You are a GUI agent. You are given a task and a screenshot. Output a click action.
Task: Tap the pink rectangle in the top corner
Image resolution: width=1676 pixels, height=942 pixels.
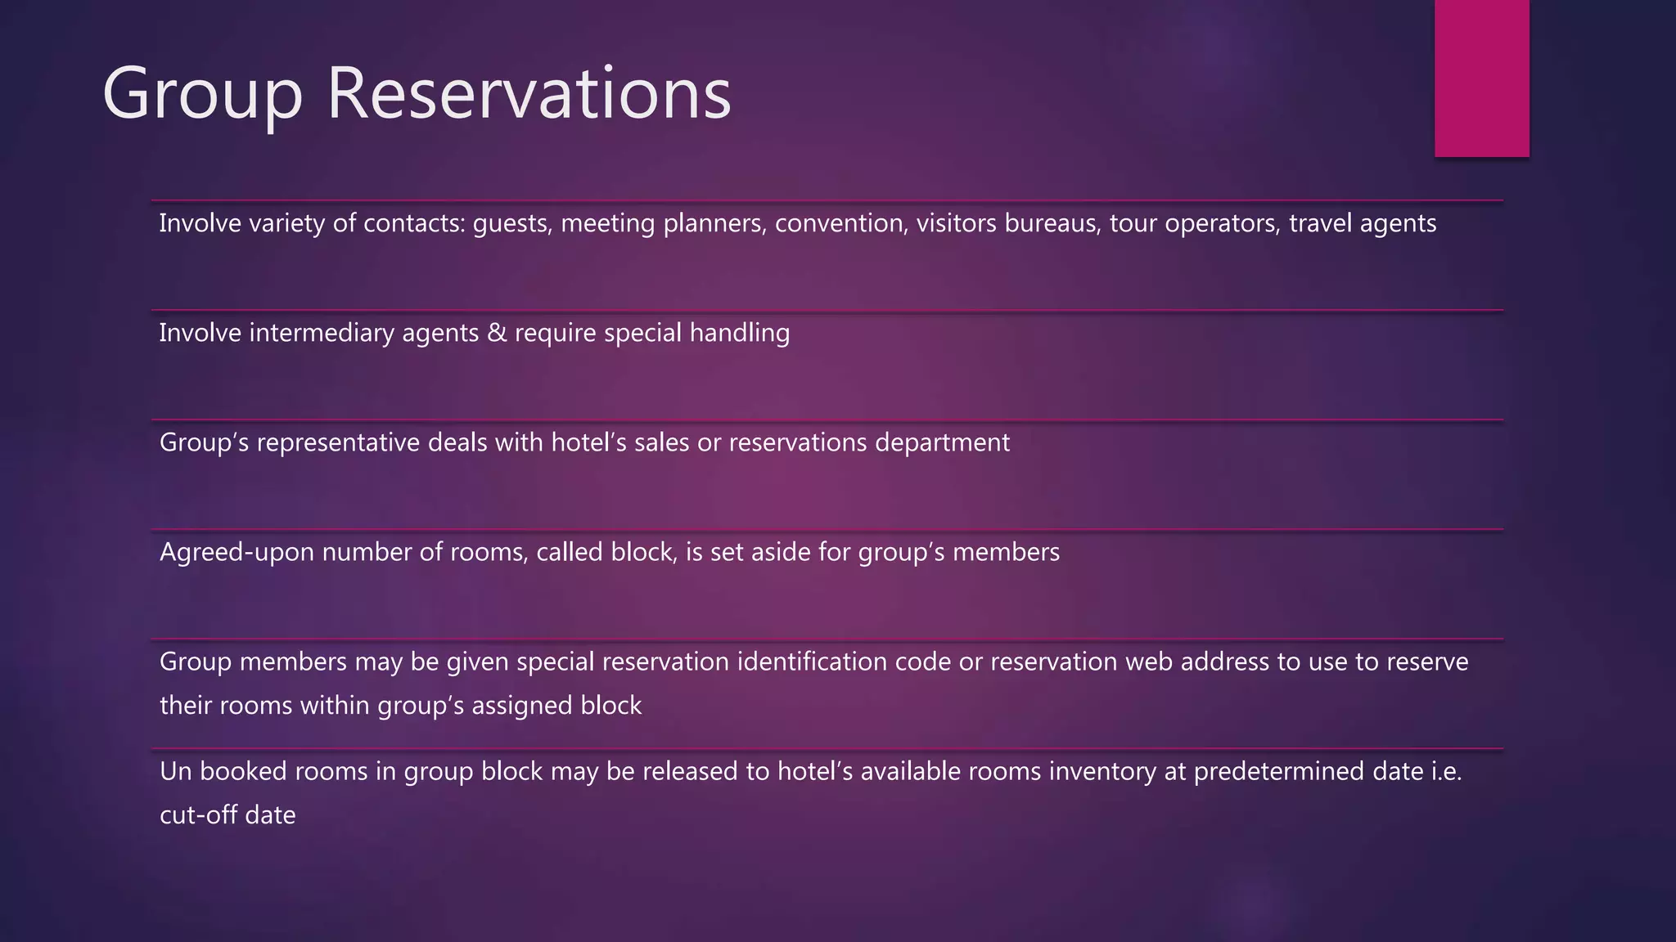click(1481, 78)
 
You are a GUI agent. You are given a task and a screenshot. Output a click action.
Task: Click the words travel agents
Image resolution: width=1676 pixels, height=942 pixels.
click(1363, 223)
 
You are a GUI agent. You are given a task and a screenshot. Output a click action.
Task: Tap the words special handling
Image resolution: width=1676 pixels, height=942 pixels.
click(696, 333)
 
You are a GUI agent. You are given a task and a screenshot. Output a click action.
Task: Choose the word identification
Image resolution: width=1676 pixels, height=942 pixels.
click(812, 662)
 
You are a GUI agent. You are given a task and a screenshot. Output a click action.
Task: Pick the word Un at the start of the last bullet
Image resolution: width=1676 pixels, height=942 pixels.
click(175, 771)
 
